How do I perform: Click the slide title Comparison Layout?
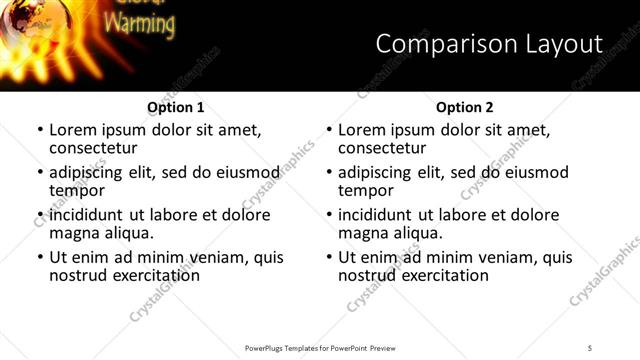[489, 44]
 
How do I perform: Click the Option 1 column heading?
[176, 107]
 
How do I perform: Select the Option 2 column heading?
[465, 107]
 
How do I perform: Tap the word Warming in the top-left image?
[140, 23]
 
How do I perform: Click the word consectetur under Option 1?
[96, 148]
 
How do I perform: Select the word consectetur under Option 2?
[385, 148]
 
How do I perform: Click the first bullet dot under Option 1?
[39, 131]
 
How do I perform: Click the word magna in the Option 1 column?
[74, 233]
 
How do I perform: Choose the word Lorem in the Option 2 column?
[362, 130]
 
